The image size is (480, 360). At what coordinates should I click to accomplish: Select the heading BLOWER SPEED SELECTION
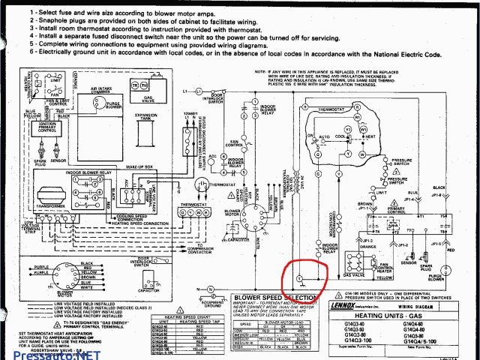point(274,298)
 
